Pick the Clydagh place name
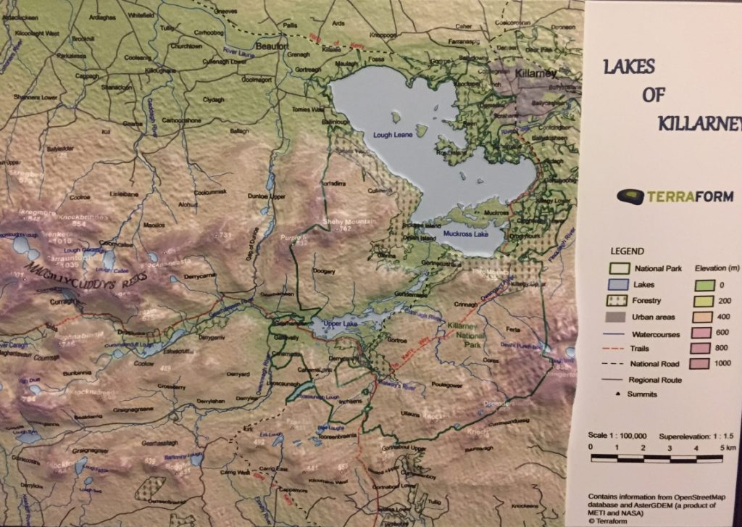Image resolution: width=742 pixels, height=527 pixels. click(214, 99)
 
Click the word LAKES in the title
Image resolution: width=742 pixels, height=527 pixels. click(628, 67)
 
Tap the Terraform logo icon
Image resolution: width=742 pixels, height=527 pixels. click(628, 196)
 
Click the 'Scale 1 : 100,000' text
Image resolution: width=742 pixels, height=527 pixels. click(617, 436)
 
